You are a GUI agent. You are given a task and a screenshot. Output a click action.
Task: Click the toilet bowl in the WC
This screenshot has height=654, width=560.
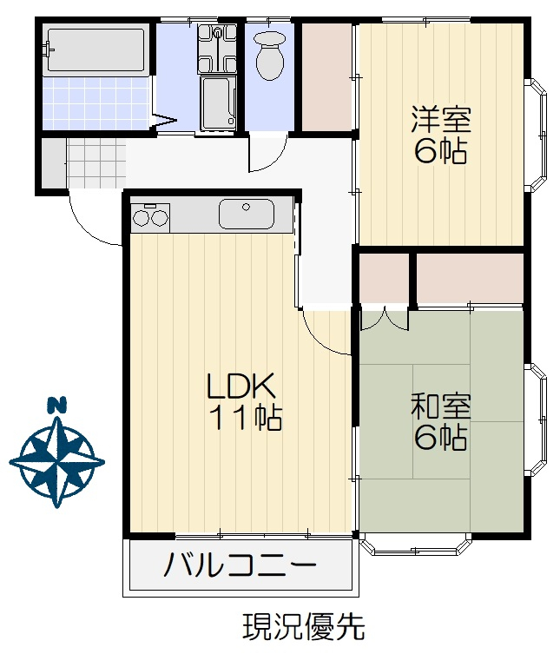(x=270, y=56)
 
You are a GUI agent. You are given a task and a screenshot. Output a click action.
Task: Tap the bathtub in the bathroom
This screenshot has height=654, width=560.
(x=96, y=50)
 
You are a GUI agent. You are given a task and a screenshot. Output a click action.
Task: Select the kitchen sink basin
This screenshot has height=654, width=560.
(x=247, y=214)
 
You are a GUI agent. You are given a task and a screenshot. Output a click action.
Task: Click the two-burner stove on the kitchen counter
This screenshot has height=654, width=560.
(x=150, y=217)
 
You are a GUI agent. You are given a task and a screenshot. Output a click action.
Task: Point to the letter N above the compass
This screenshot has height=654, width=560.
(x=57, y=405)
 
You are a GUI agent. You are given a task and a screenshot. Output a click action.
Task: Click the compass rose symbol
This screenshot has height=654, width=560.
(x=57, y=462)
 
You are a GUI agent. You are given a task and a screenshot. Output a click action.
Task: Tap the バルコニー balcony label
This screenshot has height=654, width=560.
(x=240, y=565)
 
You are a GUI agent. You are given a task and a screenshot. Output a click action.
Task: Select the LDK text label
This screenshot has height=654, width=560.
(x=241, y=386)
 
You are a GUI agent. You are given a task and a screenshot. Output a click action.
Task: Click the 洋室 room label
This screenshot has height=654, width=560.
(x=441, y=120)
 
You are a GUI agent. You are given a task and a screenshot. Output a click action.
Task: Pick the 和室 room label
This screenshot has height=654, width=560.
(x=441, y=406)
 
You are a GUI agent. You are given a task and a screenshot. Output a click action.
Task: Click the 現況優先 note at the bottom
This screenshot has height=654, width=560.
(x=304, y=627)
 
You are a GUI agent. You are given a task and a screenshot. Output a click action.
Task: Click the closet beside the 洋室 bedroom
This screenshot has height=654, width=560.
(x=327, y=76)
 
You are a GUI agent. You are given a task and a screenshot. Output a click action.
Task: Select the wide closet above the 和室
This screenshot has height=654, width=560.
(x=470, y=278)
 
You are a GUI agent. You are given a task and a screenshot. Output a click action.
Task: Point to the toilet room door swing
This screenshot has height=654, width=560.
(x=267, y=153)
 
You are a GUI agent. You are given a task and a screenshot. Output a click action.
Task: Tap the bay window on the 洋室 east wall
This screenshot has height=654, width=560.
(x=537, y=135)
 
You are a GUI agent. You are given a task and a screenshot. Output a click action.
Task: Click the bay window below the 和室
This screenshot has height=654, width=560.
(x=416, y=545)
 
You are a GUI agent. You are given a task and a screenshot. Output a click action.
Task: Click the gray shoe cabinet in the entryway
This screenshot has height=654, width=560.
(x=54, y=163)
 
